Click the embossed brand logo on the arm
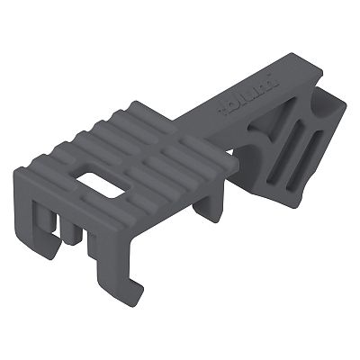click(x=236, y=102)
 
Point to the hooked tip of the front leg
click(x=136, y=286)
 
